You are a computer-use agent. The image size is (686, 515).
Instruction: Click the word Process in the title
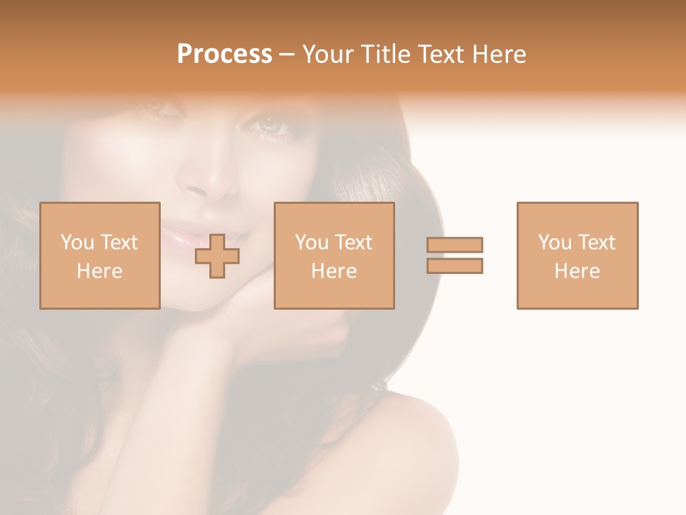point(224,54)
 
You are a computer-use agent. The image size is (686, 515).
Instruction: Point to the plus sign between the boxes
point(217,255)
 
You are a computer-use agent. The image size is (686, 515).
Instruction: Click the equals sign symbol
point(454,255)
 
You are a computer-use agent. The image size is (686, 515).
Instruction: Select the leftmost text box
point(100,255)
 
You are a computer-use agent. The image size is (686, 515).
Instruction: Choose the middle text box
point(334,255)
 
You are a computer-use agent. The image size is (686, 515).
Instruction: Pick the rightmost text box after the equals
point(577,255)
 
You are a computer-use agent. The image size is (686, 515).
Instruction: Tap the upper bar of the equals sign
point(454,245)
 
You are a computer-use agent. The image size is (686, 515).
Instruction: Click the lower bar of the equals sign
point(454,266)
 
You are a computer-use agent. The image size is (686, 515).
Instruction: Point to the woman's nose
point(207,182)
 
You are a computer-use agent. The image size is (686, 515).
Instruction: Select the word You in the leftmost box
point(76,242)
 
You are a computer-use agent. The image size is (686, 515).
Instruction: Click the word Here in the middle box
point(334,271)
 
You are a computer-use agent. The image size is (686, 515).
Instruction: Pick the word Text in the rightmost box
point(597,242)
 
